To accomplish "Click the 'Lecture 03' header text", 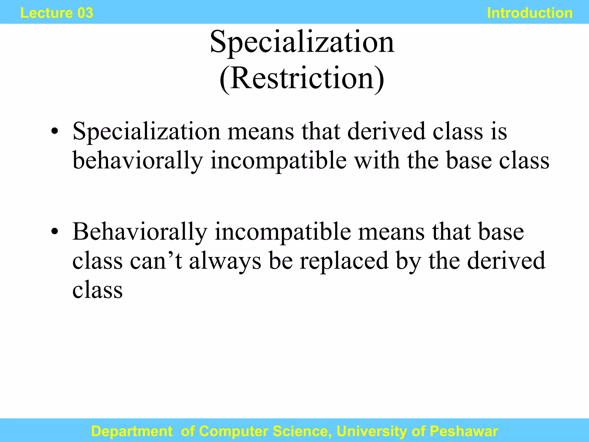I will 57,13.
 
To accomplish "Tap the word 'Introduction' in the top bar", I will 530,13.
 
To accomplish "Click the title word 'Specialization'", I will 302,42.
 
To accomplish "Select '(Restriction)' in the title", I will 302,79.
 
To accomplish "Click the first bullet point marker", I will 55,132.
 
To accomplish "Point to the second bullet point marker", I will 55,232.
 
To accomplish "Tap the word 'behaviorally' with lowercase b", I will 137,161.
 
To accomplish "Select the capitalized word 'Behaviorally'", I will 140,232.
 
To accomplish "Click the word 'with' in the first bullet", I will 377,161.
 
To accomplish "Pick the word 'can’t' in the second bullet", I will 156,260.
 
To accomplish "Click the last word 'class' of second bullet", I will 97,289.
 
